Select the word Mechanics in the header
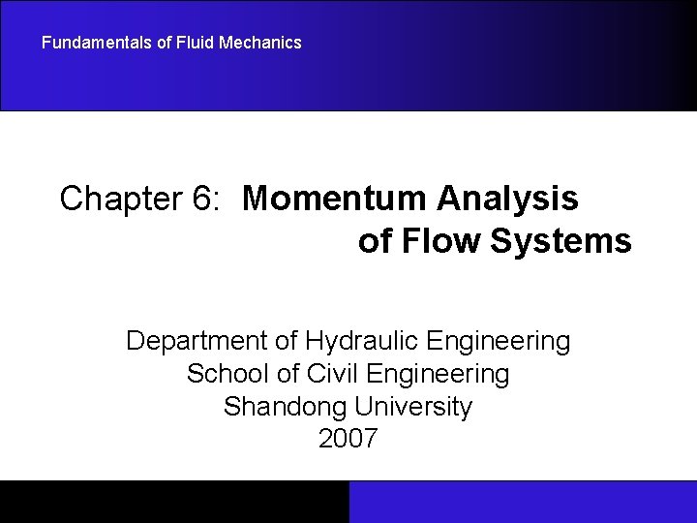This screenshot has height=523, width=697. point(254,43)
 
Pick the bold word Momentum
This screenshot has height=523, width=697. point(335,199)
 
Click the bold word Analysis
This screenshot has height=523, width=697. point(507,199)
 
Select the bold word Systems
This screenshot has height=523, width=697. point(561,240)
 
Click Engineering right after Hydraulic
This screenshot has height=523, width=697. point(504,341)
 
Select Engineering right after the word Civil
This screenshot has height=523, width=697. point(443,374)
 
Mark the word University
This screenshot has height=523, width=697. point(416,407)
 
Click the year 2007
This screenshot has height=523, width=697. point(348,439)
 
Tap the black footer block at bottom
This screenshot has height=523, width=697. point(174,502)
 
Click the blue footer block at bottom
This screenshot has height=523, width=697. point(523,502)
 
